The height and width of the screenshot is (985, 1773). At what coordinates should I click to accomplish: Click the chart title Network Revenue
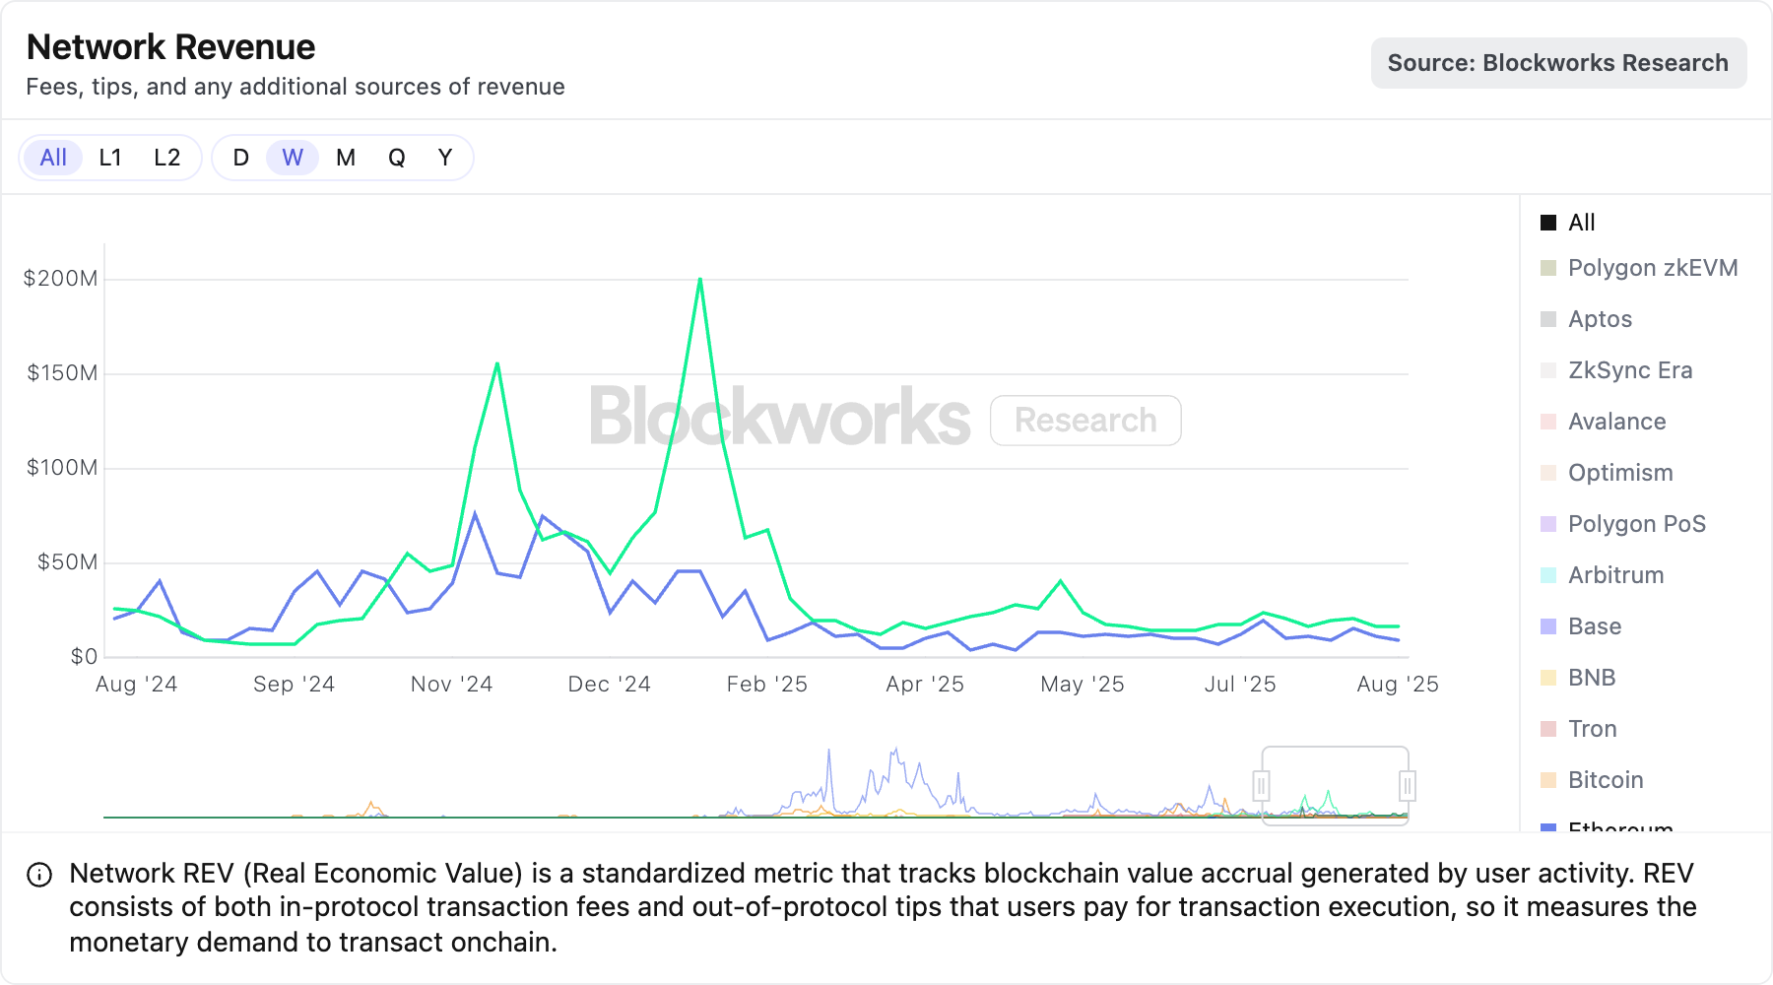[170, 47]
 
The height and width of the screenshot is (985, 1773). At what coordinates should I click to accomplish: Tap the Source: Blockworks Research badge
[1557, 63]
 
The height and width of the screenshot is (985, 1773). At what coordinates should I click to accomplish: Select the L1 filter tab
[110, 158]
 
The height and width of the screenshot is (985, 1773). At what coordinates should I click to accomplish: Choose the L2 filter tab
[167, 158]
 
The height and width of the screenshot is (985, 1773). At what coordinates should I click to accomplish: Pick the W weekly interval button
[293, 158]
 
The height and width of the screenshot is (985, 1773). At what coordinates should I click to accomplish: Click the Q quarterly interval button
[396, 158]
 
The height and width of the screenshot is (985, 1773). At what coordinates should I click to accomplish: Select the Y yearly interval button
[445, 158]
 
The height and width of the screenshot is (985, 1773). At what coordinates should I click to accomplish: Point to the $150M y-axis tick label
[62, 373]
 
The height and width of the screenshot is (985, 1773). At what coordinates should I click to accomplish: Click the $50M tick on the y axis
[67, 562]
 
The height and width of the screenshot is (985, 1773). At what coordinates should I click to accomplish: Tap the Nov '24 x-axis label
[451, 685]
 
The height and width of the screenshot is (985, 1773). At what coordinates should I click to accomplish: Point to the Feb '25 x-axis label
[766, 685]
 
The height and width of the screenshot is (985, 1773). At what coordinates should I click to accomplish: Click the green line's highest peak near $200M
[700, 280]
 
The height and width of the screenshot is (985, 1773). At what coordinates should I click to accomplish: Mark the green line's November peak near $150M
[497, 364]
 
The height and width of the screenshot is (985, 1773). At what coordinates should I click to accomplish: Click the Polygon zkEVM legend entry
[1652, 268]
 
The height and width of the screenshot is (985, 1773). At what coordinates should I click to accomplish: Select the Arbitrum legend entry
[1615, 575]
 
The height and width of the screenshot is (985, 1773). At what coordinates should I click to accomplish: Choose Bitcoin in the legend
[1606, 780]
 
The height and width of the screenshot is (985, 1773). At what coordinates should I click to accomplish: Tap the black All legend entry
[1581, 223]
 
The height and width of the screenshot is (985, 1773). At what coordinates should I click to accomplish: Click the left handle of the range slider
[1261, 786]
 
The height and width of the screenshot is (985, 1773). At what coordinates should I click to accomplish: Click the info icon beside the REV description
[39, 875]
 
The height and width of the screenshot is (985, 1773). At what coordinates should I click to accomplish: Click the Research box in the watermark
[1085, 421]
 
